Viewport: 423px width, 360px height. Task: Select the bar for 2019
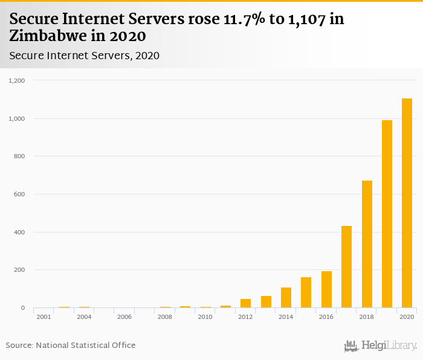coord(387,214)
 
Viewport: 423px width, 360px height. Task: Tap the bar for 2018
coord(367,244)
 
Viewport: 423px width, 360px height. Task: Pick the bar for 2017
coord(346,266)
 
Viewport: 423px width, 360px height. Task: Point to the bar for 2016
coord(326,289)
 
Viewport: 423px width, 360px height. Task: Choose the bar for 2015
coord(306,292)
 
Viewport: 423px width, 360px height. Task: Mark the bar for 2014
coord(286,297)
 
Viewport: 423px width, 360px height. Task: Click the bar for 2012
coord(245,303)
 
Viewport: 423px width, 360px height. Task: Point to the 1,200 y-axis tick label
coord(16,80)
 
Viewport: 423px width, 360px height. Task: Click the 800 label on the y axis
coord(19,156)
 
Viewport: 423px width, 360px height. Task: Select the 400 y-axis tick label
coord(19,233)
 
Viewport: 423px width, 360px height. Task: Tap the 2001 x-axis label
coord(44,317)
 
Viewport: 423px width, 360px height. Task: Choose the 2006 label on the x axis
coord(124,317)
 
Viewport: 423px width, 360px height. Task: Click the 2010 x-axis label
coord(205,317)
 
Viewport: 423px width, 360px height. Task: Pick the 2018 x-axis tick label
coord(367,317)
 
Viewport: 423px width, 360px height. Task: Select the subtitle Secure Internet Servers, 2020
coord(84,56)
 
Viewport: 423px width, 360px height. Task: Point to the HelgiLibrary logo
coord(380,346)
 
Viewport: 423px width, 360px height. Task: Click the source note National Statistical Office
coord(85,345)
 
